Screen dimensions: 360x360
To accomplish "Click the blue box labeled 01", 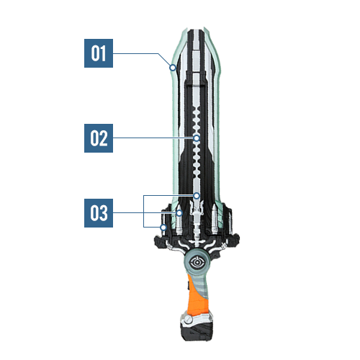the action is point(99,53).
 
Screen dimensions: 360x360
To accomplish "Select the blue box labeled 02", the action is point(99,138).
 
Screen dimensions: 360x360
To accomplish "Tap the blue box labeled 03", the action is point(99,213).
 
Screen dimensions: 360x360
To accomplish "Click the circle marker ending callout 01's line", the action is point(173,68).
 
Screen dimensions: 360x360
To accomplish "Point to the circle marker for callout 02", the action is point(197,138).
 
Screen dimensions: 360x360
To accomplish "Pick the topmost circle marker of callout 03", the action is point(197,196).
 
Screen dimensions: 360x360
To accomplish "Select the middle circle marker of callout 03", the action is point(179,213).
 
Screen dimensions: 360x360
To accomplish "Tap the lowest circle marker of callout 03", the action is point(163,227).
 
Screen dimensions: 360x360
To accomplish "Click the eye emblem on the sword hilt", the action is point(197,263).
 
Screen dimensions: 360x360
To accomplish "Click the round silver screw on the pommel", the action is point(189,320).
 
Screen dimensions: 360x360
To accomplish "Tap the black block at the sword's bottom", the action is point(197,331).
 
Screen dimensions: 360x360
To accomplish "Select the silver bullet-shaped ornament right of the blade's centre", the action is point(215,219).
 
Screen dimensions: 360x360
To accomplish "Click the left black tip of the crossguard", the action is point(158,240).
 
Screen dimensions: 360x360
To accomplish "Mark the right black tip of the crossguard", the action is point(235,239).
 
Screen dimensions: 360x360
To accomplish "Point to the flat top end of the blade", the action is point(197,30).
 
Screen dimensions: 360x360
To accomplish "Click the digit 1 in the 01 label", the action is point(102,53).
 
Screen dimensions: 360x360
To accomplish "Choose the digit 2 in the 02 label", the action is point(103,138).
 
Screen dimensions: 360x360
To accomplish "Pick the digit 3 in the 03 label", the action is point(103,213).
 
